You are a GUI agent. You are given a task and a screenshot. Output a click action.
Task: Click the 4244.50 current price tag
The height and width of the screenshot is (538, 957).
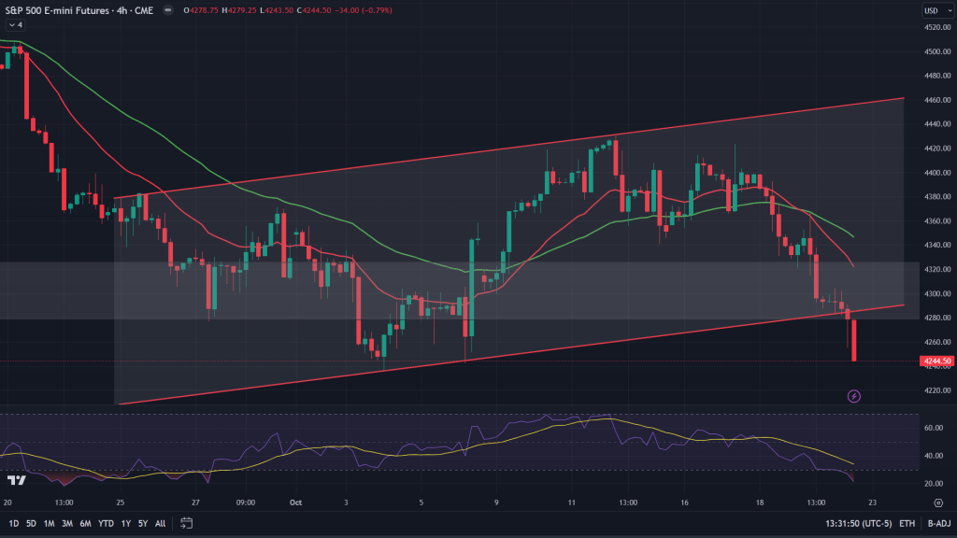point(936,361)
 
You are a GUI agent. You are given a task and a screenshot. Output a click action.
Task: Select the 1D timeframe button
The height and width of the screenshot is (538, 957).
point(14,523)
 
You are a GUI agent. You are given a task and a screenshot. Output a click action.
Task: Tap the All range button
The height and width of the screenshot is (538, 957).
point(161,523)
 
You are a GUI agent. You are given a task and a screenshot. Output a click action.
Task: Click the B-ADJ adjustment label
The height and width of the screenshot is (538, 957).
point(937,523)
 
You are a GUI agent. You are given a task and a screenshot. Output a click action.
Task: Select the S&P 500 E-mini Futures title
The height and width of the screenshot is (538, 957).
point(64,10)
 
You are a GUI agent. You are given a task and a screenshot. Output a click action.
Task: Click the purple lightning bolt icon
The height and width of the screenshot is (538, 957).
point(854,397)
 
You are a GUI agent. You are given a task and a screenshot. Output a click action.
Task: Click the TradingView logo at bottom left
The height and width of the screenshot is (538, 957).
point(15,480)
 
